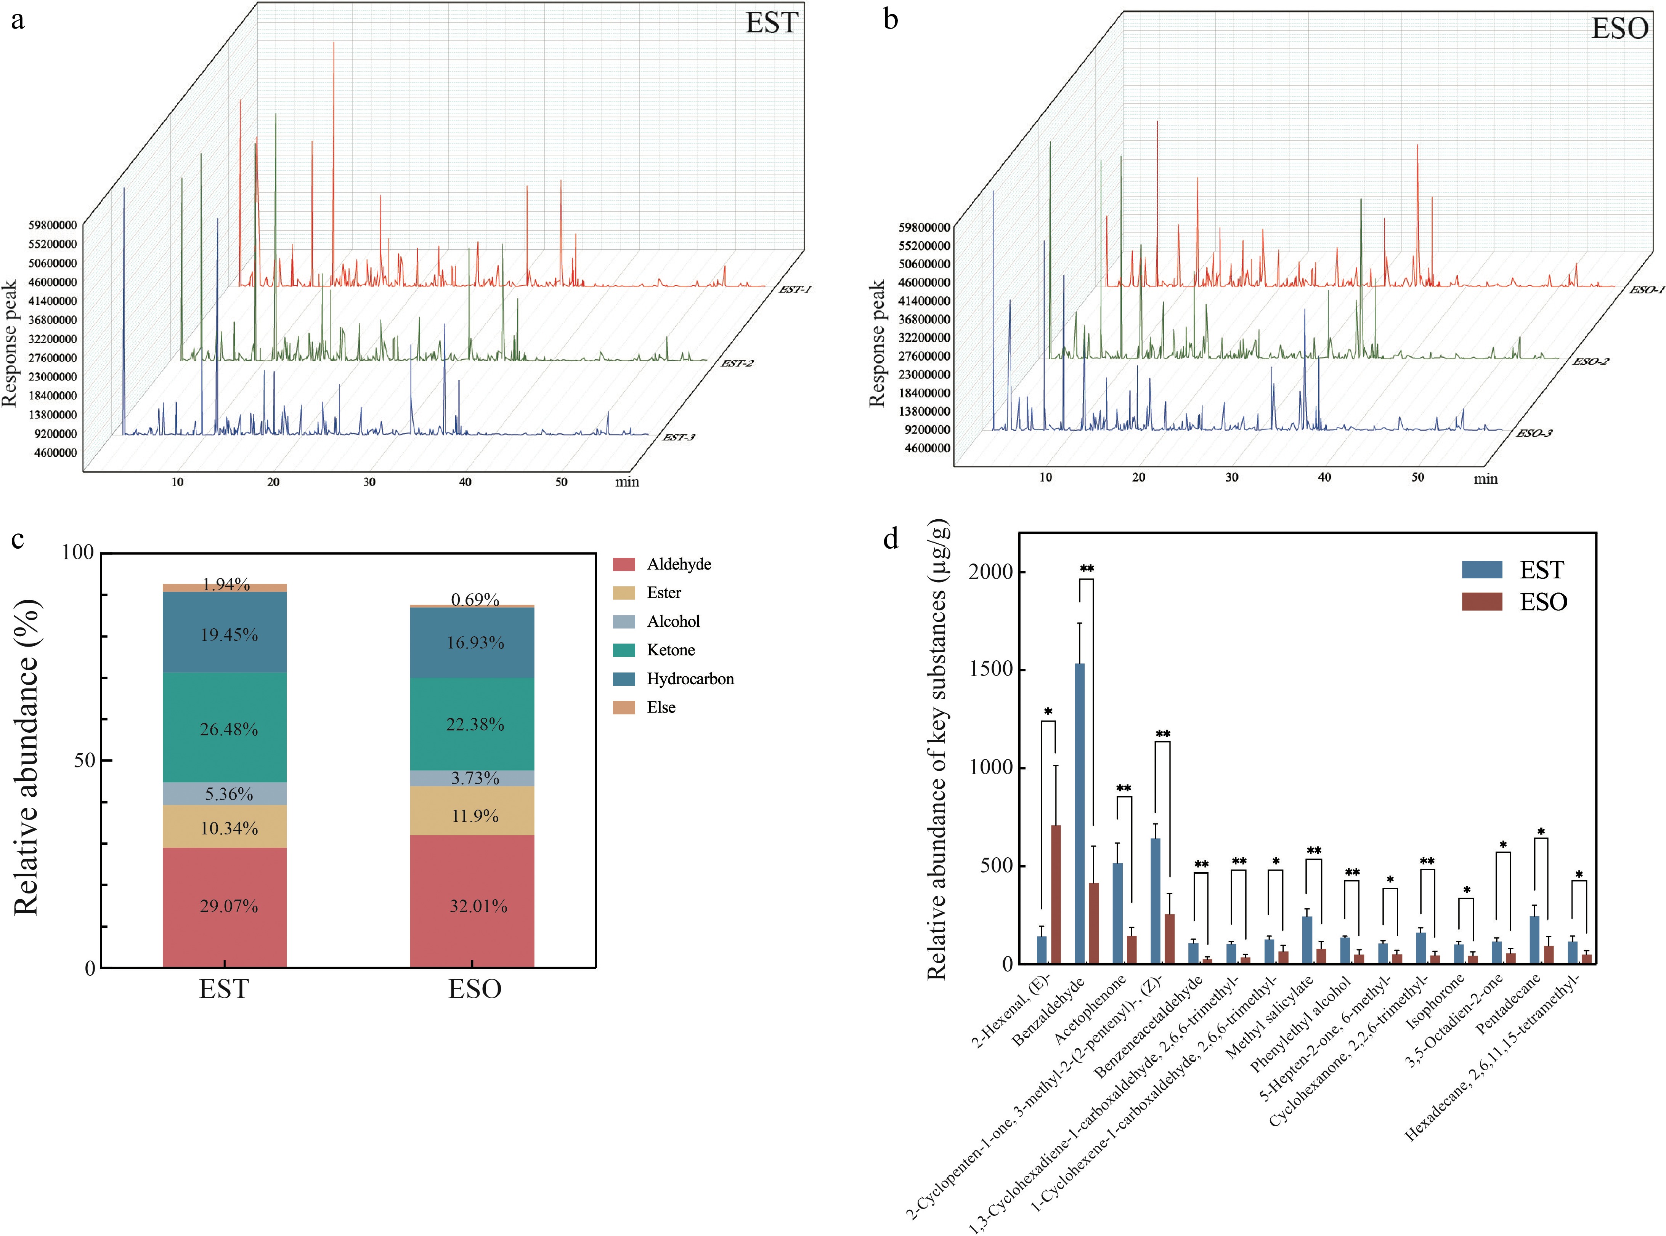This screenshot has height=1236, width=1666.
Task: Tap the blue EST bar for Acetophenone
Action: (x=1117, y=913)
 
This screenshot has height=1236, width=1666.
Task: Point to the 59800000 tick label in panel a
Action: (x=52, y=224)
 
